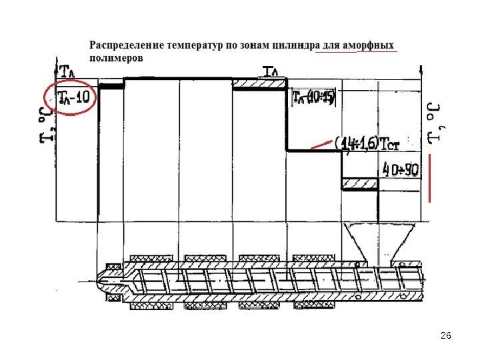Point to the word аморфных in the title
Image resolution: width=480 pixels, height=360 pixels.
click(368, 45)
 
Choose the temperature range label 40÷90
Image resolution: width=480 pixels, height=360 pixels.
click(399, 169)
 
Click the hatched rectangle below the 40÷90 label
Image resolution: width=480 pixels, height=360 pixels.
click(359, 183)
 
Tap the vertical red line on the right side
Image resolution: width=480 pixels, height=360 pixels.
click(431, 178)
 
